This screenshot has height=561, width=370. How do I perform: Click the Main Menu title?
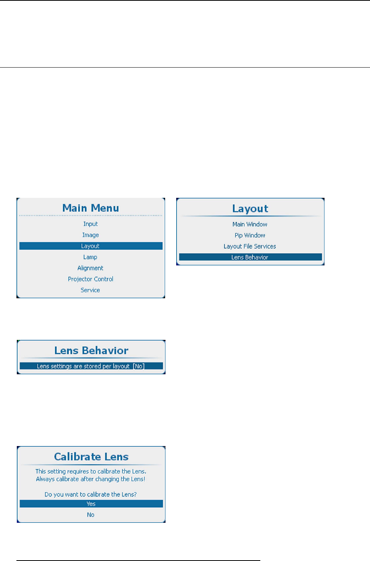(91, 208)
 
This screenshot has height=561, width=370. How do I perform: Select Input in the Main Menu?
(91, 224)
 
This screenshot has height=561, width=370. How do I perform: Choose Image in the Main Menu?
(91, 235)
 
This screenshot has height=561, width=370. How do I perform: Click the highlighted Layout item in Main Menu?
(91, 246)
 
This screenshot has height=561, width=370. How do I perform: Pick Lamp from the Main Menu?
(91, 257)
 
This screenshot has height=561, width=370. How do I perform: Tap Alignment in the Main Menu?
(91, 268)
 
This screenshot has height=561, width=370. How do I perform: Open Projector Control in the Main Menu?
(91, 279)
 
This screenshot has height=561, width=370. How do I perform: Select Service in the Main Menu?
(91, 290)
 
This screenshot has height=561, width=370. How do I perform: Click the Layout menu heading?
(250, 209)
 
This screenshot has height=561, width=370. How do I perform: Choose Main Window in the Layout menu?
(250, 224)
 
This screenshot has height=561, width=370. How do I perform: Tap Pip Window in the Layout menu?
(250, 235)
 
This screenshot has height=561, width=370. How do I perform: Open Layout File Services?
(250, 246)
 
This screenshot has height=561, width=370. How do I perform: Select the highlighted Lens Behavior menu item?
(250, 257)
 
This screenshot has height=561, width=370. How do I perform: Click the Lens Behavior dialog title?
(91, 351)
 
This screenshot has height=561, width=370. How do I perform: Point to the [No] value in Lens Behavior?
(139, 366)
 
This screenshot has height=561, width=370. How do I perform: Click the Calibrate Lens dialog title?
(91, 457)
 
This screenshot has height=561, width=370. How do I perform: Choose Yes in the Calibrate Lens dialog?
(91, 504)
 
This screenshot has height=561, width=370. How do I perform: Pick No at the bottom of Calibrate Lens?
(91, 515)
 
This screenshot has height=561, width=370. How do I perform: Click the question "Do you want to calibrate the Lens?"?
(91, 494)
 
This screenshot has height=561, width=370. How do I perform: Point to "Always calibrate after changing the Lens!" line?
(91, 479)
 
